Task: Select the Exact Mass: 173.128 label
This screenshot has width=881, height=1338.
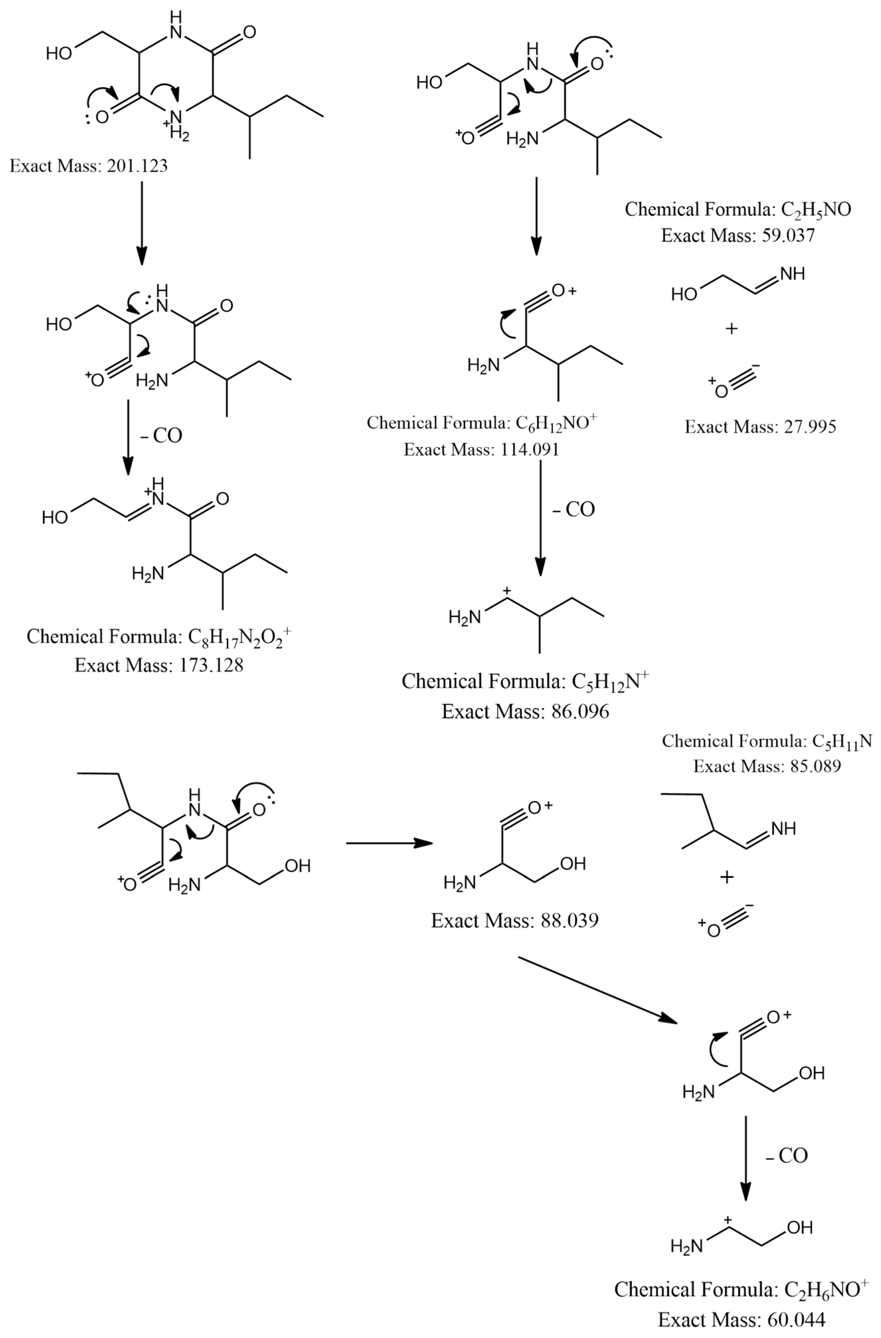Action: tap(159, 666)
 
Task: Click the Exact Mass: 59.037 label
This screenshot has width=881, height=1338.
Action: tap(738, 235)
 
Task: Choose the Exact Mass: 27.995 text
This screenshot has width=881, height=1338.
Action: tap(760, 427)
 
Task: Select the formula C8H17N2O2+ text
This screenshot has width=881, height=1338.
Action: tap(159, 637)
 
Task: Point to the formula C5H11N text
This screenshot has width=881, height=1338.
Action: tap(767, 741)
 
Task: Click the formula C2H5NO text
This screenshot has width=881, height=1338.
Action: tap(738, 210)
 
